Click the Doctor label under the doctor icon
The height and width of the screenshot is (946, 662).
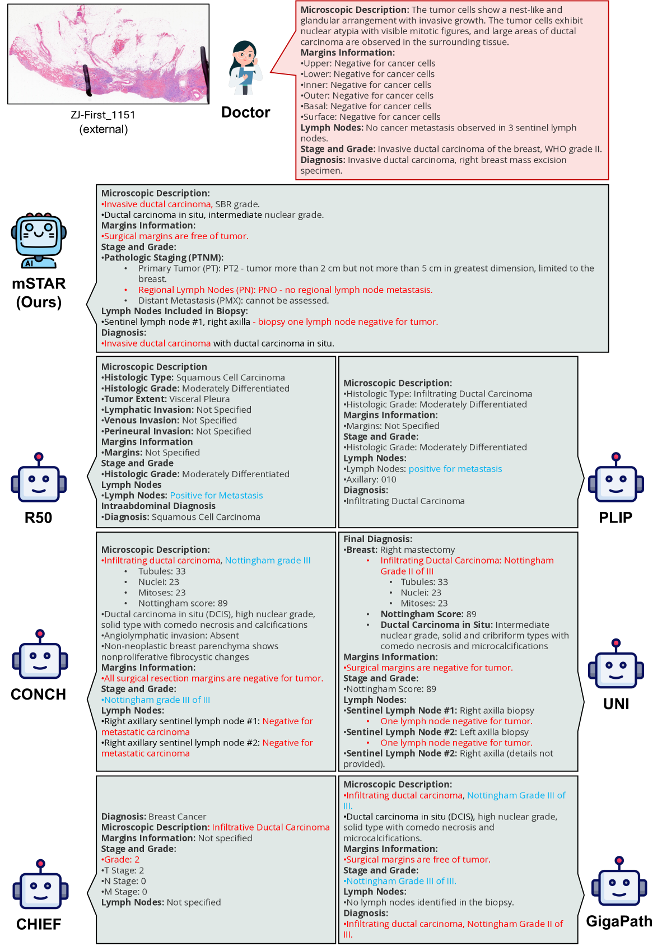point(245,113)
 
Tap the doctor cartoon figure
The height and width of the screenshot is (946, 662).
point(245,68)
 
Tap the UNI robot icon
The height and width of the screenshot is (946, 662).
point(616,664)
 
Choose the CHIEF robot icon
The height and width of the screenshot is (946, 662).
point(40,885)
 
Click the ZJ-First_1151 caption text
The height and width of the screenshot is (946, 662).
point(103,115)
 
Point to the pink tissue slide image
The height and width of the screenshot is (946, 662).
point(108,54)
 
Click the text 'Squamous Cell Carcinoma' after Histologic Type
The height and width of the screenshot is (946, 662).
point(230,378)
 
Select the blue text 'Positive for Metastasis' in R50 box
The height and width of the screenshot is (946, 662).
point(216,496)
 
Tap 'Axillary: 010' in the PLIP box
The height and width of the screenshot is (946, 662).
point(371,479)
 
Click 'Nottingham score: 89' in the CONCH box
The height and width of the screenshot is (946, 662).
point(183,603)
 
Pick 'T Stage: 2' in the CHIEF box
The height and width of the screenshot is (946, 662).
point(123,870)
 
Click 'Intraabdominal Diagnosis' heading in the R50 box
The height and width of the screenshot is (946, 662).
point(158,506)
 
